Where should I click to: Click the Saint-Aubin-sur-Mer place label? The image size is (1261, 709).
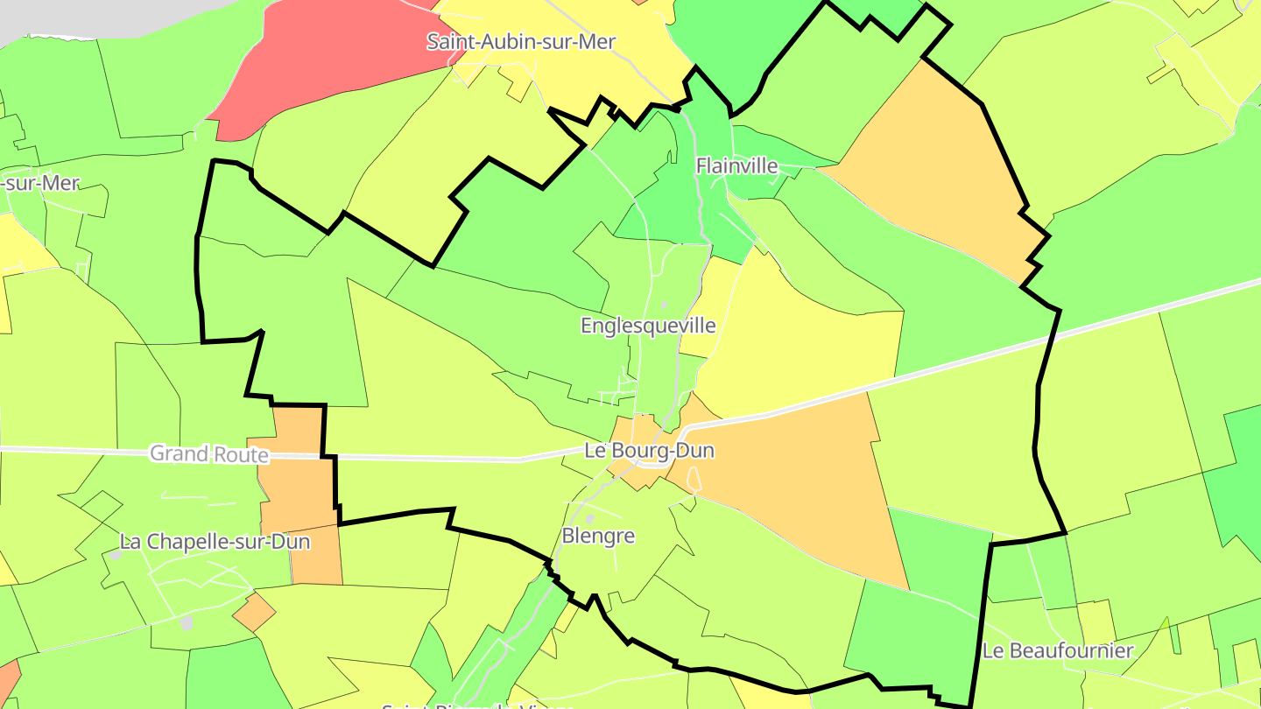point(521,41)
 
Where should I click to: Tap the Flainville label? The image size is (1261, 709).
point(736,165)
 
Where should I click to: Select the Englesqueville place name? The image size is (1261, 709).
point(648,326)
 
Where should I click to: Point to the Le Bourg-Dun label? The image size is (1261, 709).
point(649,451)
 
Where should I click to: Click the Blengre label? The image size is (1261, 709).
point(598,536)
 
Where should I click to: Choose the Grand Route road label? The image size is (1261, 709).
point(208,453)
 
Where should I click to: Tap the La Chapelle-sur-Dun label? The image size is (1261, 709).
point(215,542)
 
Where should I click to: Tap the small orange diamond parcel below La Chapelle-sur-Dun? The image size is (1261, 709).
point(254,612)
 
